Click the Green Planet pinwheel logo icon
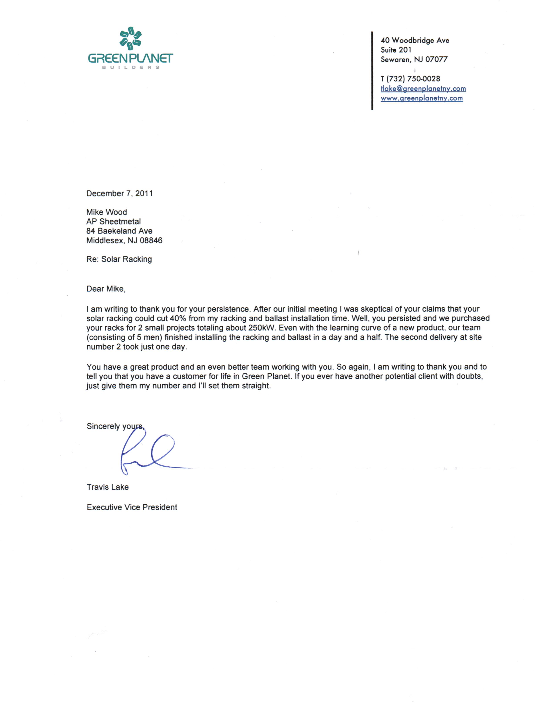[130, 39]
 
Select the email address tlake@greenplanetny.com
[423, 89]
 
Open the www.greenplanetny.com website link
[422, 98]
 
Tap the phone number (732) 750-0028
[413, 79]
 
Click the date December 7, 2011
[120, 193]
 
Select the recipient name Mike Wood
[107, 212]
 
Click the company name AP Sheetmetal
[113, 222]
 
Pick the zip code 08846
[151, 241]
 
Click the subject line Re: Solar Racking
[119, 259]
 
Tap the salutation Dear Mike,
[106, 289]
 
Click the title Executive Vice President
[132, 507]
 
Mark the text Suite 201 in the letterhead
[396, 50]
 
